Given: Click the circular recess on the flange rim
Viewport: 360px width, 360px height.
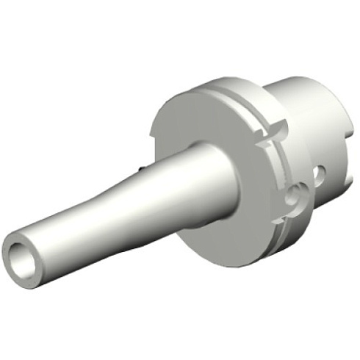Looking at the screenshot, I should coord(295,195).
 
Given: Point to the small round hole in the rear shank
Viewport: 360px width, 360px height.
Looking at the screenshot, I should coord(317,175).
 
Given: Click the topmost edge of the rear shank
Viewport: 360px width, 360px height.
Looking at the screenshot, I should coord(294,76).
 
